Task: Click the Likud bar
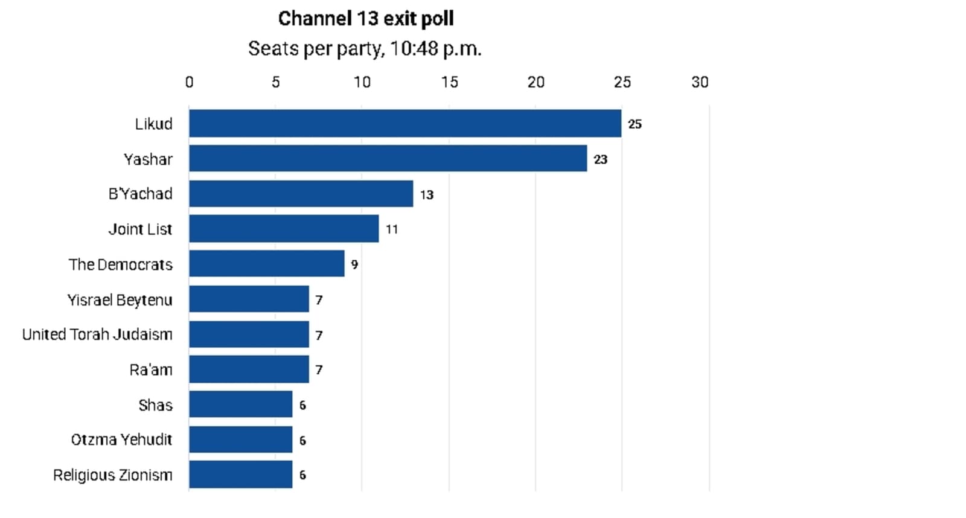pos(405,123)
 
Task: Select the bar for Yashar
pos(388,158)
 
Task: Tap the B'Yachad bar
pos(301,194)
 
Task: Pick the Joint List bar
pos(284,229)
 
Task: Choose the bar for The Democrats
pos(266,264)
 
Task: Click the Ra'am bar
pos(249,369)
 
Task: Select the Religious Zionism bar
pos(241,475)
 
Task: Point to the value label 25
pos(635,124)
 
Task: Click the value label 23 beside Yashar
pos(600,159)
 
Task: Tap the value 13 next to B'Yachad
pos(427,195)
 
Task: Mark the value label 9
pos(354,264)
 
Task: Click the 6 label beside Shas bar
pos(302,406)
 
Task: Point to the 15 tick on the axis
pos(449,82)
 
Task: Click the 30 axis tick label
pos(700,82)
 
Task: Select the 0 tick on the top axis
pos(190,82)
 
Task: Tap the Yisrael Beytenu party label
pos(120,300)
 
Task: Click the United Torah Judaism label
pos(97,334)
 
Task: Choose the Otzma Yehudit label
pos(121,440)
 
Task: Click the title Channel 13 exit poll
pos(366,19)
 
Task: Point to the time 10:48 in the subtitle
pos(414,48)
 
